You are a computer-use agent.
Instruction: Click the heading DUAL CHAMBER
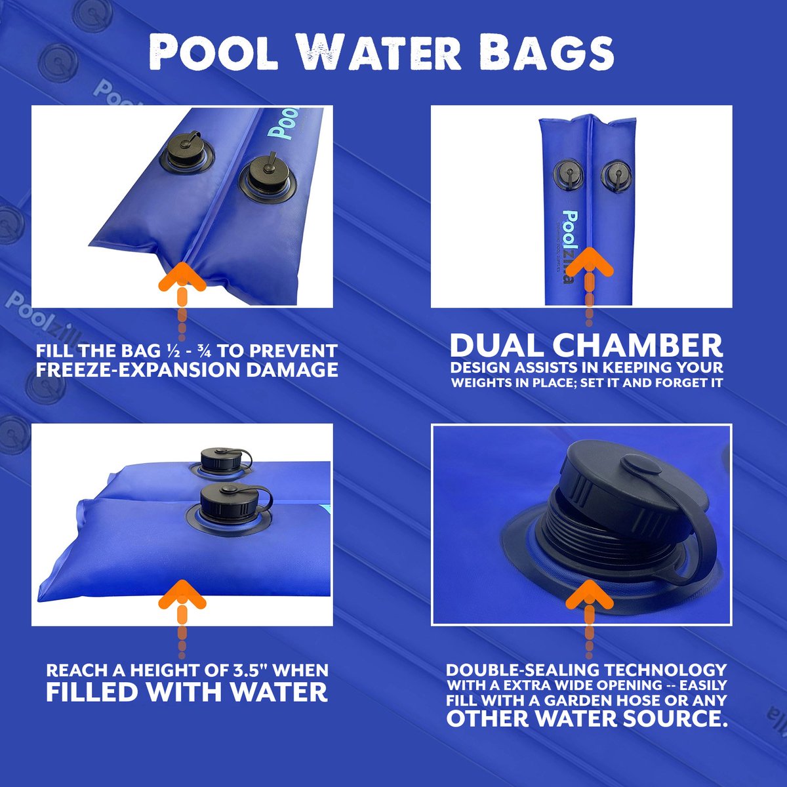tap(586, 345)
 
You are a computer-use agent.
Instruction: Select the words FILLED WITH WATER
tap(187, 692)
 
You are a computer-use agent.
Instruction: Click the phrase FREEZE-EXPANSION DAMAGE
tap(187, 370)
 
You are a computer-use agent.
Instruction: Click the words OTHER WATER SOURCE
tap(587, 718)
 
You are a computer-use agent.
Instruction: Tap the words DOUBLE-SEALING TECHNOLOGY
tap(587, 670)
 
